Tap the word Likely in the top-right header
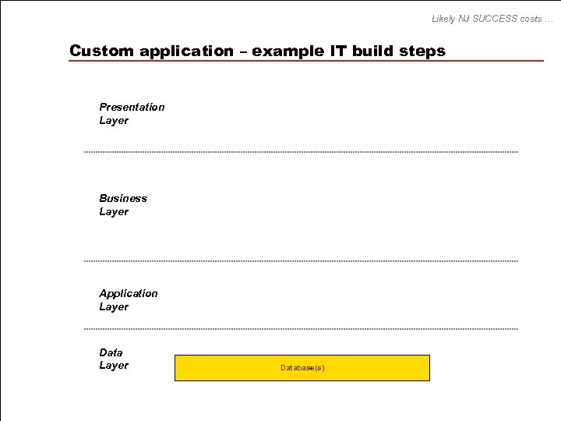[445, 19]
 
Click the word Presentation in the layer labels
[132, 107]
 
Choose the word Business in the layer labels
[123, 198]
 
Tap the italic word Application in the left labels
[128, 293]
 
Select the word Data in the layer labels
[111, 352]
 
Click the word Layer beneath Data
[114, 366]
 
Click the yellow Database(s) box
[302, 367]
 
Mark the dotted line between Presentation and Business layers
[301, 152]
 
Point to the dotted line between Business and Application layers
[301, 261]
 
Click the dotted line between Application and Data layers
[301, 329]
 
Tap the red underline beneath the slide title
[305, 61]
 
